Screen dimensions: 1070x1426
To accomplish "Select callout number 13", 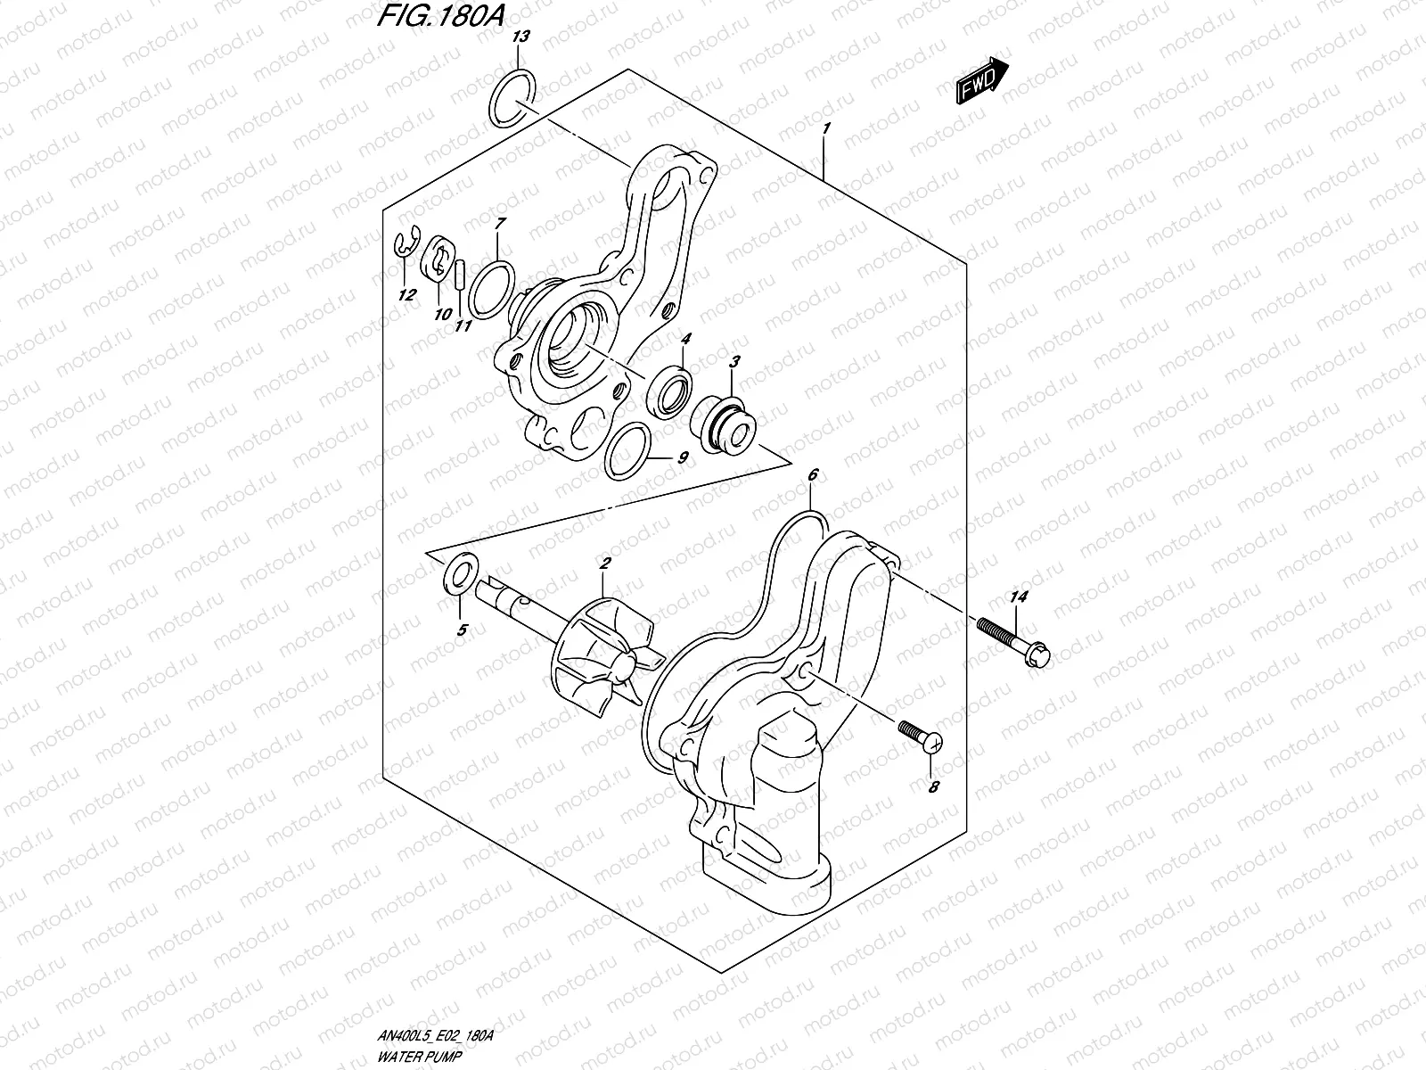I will pos(521,37).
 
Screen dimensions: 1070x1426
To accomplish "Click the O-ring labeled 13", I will pos(512,98).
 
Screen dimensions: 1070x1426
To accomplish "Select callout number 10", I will pos(442,314).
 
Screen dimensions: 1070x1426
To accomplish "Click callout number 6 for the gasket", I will pos(812,475).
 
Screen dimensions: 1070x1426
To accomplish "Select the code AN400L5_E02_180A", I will pos(432,1036).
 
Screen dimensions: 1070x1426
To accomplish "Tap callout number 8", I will pos(933,787).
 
